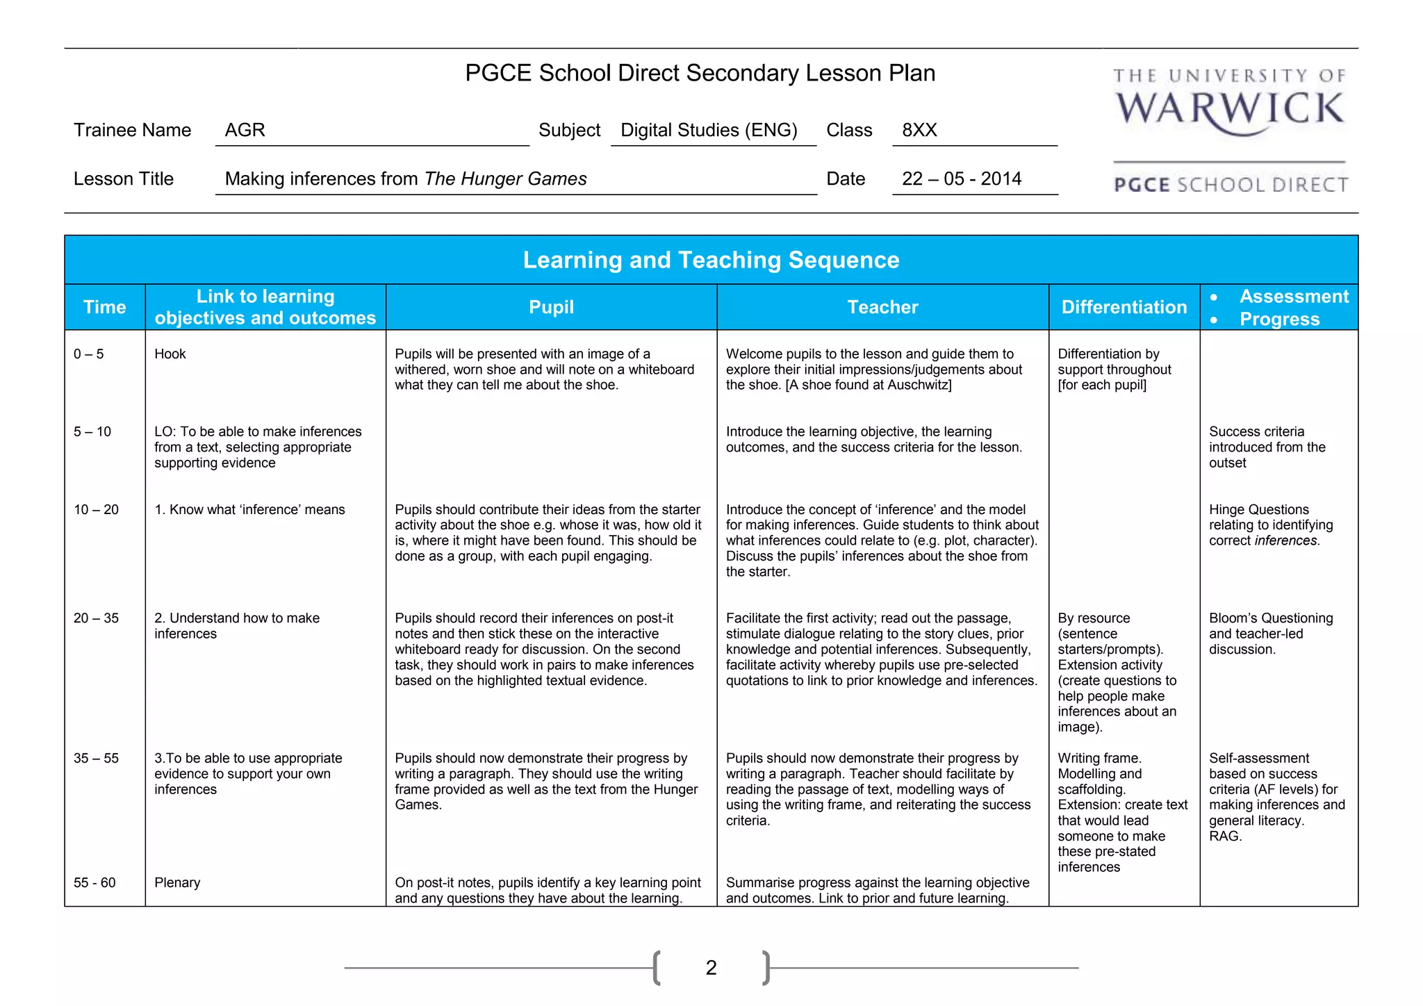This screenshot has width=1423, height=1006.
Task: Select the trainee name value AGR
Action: pos(245,130)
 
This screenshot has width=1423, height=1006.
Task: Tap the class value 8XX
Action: pos(919,130)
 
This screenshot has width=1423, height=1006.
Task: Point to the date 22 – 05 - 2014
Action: pos(961,179)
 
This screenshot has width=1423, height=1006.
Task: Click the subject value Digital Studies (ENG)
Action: pos(709,130)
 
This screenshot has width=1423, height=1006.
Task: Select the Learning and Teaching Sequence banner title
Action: pos(711,260)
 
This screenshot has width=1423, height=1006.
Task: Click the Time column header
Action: pos(104,307)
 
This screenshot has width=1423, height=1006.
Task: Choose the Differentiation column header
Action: pos(1124,307)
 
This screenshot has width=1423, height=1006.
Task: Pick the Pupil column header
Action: pos(551,307)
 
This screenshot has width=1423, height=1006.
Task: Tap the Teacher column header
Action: pos(882,307)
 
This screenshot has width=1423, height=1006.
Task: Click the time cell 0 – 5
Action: pos(89,354)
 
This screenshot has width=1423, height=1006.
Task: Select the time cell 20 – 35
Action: pos(96,618)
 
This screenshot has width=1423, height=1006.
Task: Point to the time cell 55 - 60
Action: pos(94,883)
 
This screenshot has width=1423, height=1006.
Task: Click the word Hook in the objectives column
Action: pos(170,354)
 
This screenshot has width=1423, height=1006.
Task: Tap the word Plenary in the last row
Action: pos(177,883)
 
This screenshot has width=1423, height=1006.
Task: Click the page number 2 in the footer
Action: pos(711,967)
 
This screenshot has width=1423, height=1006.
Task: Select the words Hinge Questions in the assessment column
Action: pos(1258,510)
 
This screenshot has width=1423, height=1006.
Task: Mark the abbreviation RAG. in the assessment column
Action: pos(1225,836)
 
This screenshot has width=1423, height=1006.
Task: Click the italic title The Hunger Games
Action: pos(505,179)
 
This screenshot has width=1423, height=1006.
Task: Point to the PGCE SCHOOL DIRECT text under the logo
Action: pos(1231,185)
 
